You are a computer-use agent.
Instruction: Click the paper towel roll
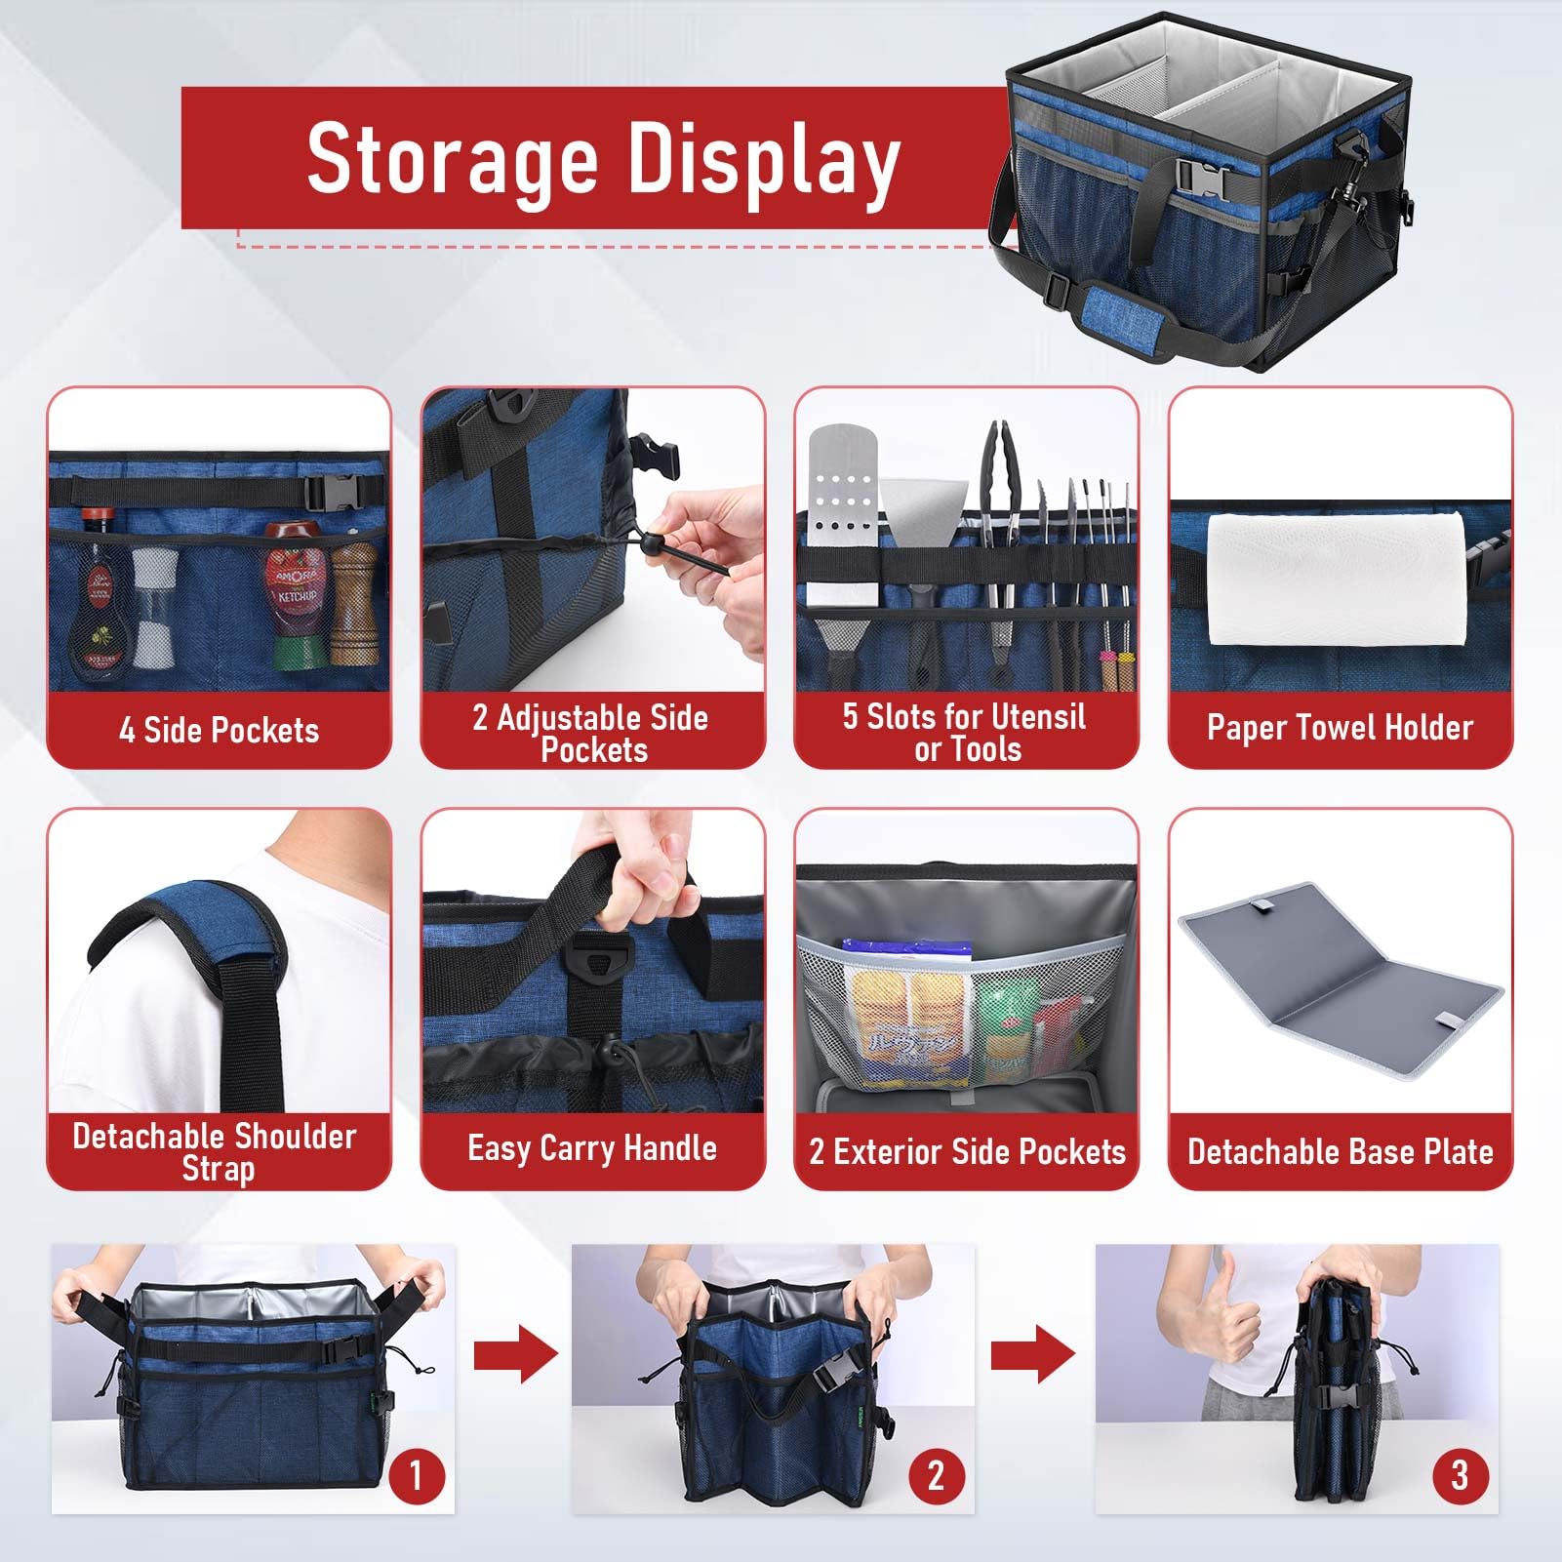1339,579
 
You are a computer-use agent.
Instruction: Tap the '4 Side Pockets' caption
219,730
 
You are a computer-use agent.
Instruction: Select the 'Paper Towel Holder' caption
1340,727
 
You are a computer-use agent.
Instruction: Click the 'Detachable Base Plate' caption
1340,1151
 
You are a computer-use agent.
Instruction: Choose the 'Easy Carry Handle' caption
592,1148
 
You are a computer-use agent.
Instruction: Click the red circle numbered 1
418,1475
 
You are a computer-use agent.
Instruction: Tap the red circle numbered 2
937,1475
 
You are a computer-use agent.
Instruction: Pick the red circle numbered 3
1460,1475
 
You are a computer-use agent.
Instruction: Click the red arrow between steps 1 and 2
516,1354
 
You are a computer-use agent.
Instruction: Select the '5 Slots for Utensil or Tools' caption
966,733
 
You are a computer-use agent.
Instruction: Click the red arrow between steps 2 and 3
1033,1354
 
